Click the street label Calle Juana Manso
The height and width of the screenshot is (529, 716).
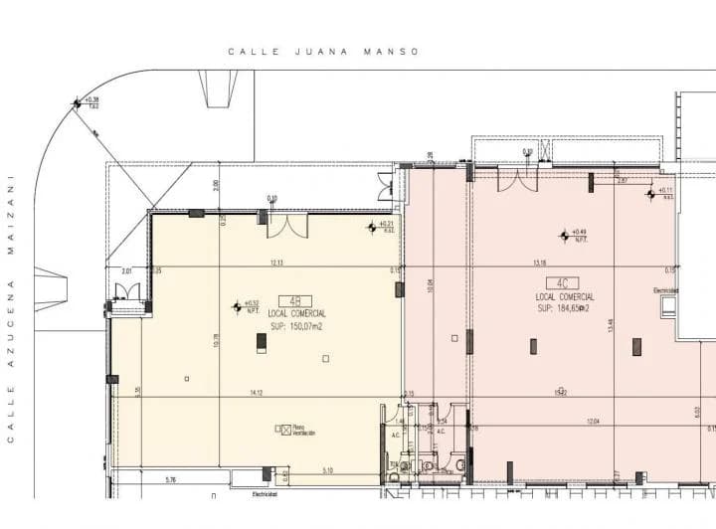(323, 52)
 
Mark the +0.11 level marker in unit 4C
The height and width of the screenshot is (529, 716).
(658, 192)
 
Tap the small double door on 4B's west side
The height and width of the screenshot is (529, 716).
(127, 293)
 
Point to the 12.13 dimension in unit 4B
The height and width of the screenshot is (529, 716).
(275, 263)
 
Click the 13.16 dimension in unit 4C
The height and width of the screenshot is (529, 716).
(540, 264)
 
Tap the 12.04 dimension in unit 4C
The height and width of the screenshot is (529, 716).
(593, 423)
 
